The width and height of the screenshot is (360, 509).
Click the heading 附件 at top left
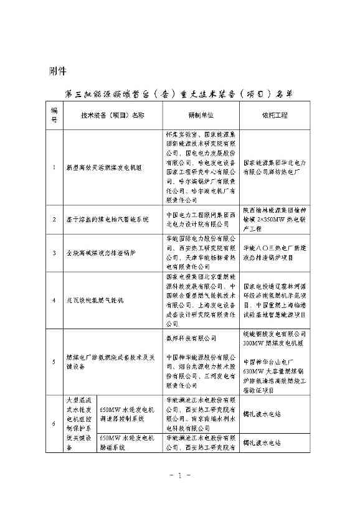tap(57, 69)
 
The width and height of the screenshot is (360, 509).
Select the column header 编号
tap(54, 115)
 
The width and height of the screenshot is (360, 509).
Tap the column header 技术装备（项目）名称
tap(113, 115)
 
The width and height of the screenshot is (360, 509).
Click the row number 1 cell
tap(54, 167)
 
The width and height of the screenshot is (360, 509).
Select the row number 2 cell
tap(54, 220)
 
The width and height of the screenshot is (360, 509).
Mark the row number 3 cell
tap(54, 253)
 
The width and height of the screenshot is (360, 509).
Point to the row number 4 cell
tap(54, 300)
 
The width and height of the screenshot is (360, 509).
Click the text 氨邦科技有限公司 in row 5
tap(191, 339)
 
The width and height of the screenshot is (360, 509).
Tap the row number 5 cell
tap(54, 360)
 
